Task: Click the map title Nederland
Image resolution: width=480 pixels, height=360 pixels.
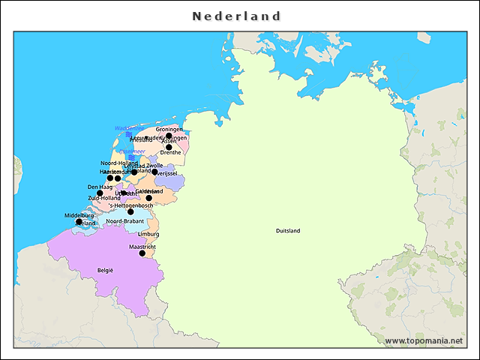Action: tap(236, 16)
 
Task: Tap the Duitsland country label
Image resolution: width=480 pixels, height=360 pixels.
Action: tap(288, 231)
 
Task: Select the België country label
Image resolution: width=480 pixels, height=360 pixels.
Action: tap(105, 270)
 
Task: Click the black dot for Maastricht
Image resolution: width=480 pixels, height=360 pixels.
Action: tap(142, 253)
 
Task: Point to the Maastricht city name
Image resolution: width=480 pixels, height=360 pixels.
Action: tap(142, 246)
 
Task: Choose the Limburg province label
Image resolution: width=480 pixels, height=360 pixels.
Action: tap(148, 234)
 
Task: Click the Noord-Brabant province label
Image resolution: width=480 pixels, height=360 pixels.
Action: tap(124, 221)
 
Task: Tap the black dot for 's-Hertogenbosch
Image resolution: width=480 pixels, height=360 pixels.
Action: tap(130, 211)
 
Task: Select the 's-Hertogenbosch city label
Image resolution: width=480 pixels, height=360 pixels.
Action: tap(131, 205)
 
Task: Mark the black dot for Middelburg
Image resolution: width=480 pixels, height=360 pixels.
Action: tap(79, 222)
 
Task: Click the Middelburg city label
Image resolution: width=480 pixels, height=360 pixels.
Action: tap(79, 215)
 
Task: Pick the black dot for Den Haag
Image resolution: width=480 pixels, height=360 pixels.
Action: tap(100, 193)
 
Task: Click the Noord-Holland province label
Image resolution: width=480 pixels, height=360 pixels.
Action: tap(118, 163)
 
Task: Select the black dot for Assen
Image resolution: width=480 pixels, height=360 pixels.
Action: tap(169, 147)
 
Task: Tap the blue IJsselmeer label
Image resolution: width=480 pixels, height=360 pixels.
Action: tap(133, 151)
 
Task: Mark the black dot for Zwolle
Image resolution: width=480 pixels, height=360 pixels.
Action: tap(154, 172)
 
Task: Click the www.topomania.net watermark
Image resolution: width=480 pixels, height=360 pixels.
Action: tap(424, 341)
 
